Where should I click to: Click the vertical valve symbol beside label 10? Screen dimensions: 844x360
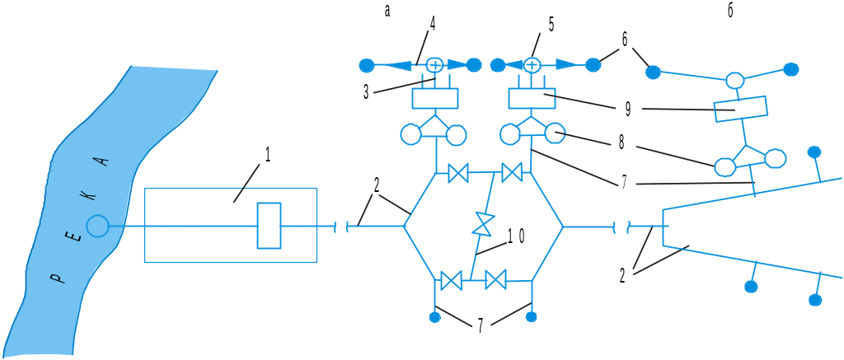pos(483,222)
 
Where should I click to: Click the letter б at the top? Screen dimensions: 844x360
pos(730,12)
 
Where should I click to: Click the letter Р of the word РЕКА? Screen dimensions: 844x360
pos(55,278)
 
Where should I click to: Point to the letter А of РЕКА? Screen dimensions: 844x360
pos(104,161)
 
